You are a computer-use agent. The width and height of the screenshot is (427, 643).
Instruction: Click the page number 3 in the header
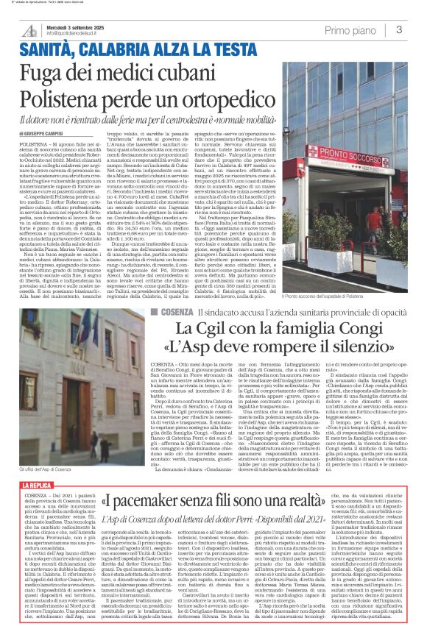pyautogui.click(x=399, y=29)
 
